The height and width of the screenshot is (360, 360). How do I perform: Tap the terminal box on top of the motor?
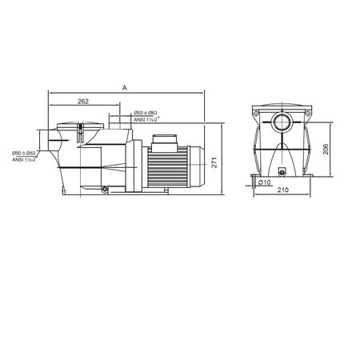tap(165, 144)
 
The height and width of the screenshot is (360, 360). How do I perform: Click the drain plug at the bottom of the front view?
tap(282, 173)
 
